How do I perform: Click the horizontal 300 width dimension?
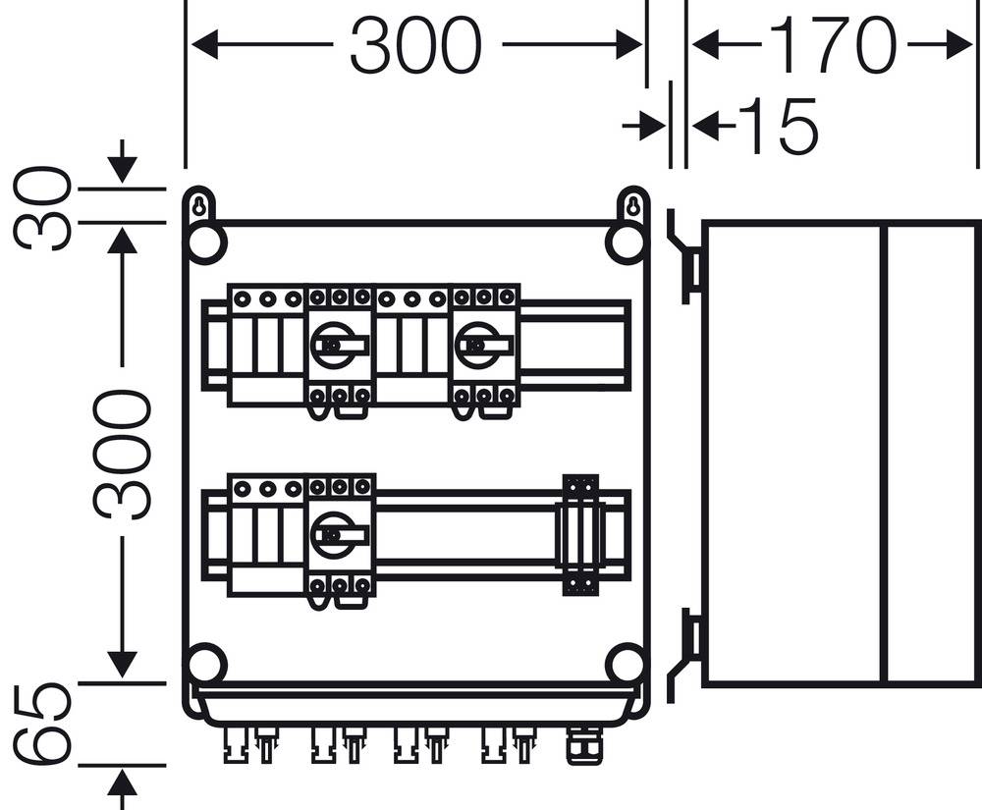[x=415, y=45]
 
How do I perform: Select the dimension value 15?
[x=776, y=126]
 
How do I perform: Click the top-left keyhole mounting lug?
[x=198, y=207]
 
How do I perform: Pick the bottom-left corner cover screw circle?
[x=206, y=665]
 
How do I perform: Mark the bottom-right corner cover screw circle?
[x=626, y=665]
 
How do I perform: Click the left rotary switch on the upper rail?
[x=340, y=347]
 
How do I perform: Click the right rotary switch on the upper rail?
[x=484, y=347]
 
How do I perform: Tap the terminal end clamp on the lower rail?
[x=580, y=535]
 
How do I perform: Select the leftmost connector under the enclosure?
[x=235, y=743]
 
